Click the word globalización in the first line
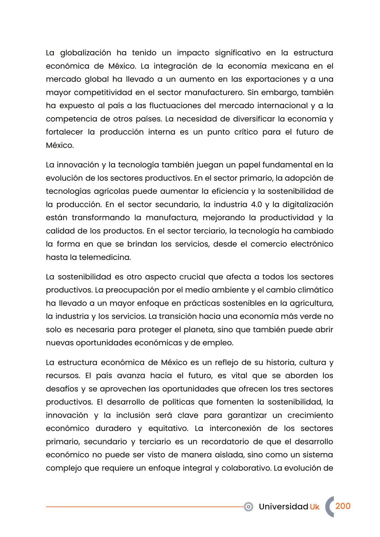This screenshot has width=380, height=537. (x=85, y=53)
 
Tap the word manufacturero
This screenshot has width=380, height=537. (x=214, y=93)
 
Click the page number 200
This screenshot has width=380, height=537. (x=343, y=506)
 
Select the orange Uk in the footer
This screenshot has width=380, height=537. (x=315, y=507)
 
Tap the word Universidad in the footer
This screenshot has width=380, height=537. (x=283, y=507)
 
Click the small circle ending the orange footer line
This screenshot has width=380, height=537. (x=248, y=507)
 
